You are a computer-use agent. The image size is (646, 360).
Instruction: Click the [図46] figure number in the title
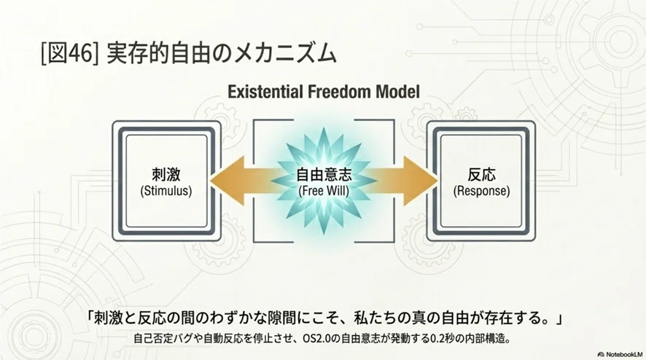[x=69, y=53]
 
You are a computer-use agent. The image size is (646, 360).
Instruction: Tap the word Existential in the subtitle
[x=265, y=91]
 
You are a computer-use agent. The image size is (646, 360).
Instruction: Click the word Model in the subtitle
[x=397, y=91]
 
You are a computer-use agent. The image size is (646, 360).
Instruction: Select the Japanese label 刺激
[x=166, y=175]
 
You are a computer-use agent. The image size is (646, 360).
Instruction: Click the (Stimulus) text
[x=166, y=191]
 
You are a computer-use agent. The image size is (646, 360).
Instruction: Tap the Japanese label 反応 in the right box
[x=481, y=175]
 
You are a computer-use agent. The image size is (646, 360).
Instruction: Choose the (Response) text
[x=481, y=191]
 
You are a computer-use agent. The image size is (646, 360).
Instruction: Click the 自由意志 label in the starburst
[x=324, y=175]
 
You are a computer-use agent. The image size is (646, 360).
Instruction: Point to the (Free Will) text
[x=324, y=191]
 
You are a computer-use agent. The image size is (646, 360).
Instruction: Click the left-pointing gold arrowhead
[x=227, y=181]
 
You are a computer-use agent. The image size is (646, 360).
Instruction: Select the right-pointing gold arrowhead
[x=420, y=181]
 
